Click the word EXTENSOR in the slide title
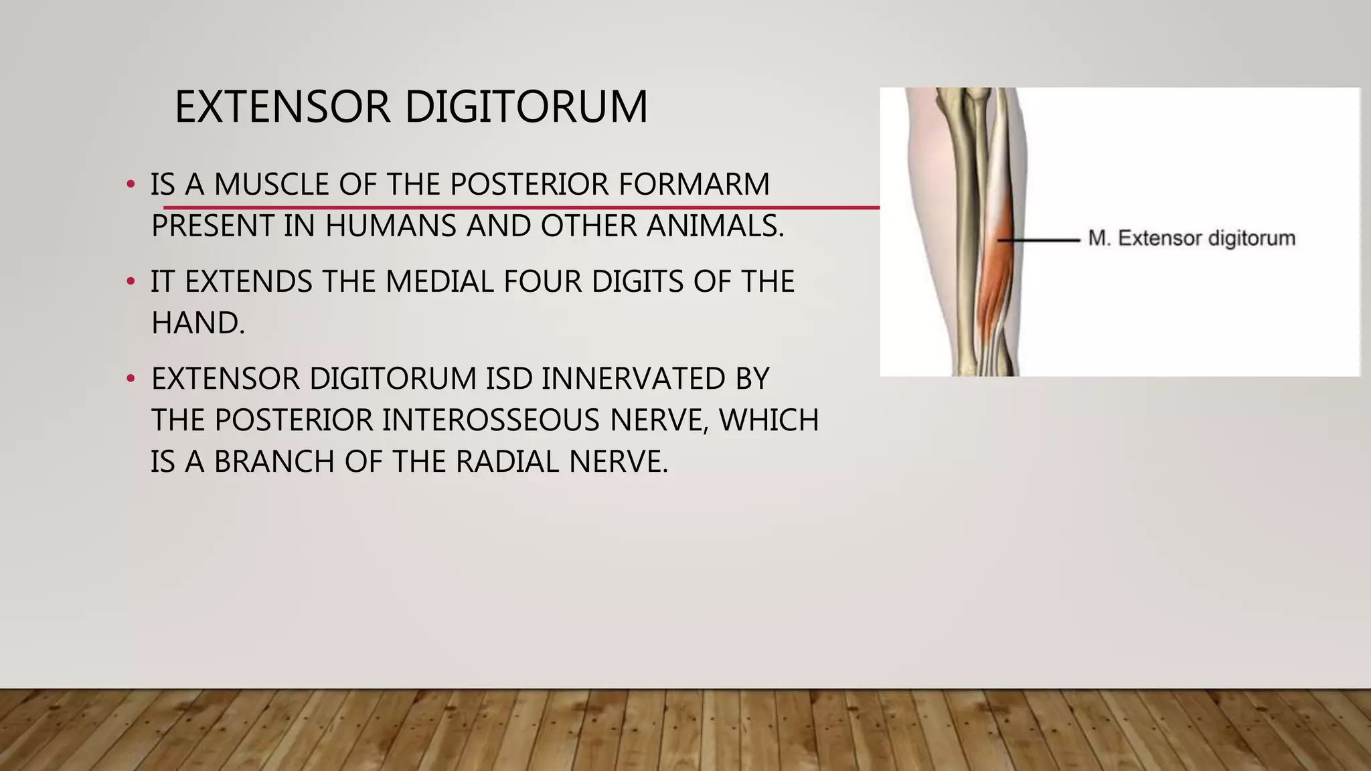click(x=282, y=107)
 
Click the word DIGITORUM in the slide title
click(x=526, y=107)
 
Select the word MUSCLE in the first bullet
click(x=271, y=185)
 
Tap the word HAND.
click(x=197, y=323)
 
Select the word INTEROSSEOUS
click(x=492, y=420)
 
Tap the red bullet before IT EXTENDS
click(x=131, y=282)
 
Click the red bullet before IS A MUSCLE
click(x=131, y=185)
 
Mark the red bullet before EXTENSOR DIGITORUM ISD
click(x=131, y=379)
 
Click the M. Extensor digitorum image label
click(x=1191, y=238)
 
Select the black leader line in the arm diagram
click(x=1039, y=240)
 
